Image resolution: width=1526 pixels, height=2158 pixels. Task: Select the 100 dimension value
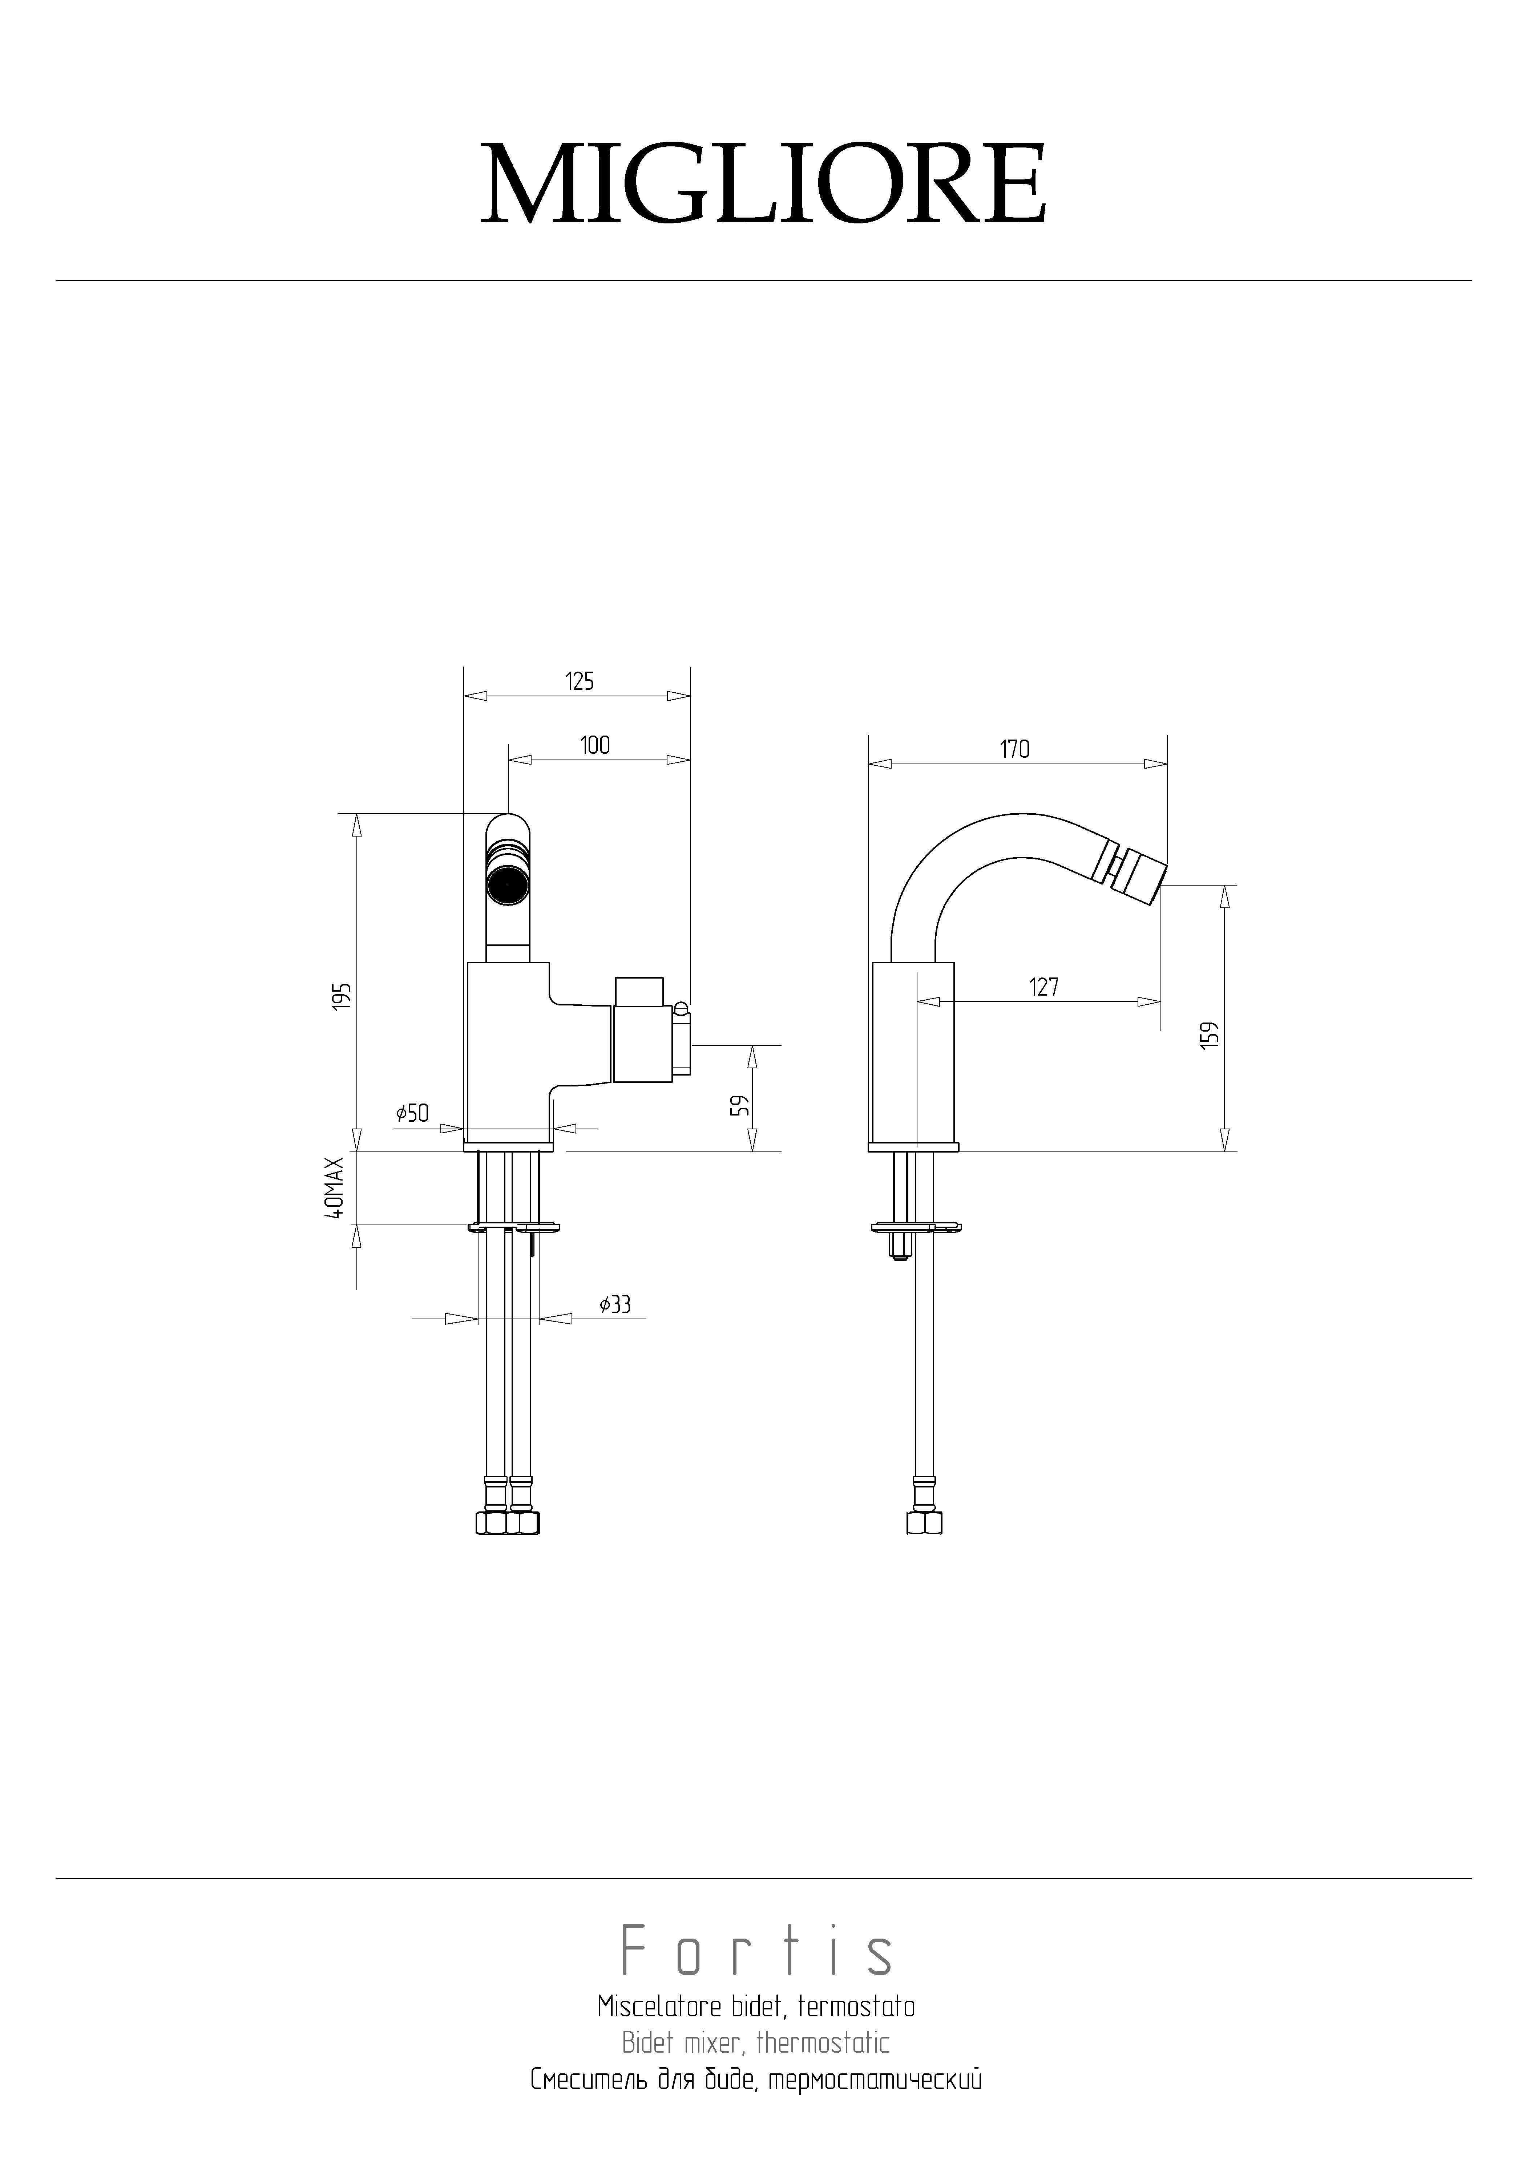click(x=595, y=745)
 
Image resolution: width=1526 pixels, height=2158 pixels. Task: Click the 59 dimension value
click(x=742, y=1105)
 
